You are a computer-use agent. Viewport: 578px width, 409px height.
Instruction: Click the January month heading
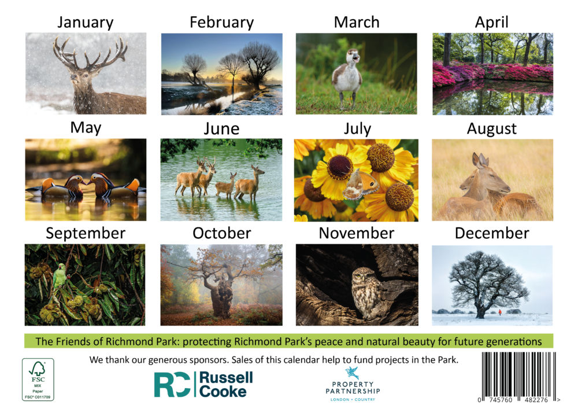[85, 23]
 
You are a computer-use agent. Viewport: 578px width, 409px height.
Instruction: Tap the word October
[221, 233]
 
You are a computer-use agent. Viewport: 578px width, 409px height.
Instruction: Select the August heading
[492, 128]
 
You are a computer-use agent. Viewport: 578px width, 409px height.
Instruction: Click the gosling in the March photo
[347, 78]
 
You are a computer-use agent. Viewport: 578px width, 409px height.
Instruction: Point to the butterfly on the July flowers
[360, 185]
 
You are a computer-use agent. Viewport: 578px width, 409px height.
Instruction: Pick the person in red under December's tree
[500, 312]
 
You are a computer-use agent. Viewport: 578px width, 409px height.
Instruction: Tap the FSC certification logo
[38, 379]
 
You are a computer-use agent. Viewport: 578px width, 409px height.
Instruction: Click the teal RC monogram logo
[172, 384]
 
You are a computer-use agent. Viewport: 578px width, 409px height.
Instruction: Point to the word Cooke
[223, 392]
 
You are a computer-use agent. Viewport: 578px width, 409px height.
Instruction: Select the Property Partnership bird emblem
[353, 373]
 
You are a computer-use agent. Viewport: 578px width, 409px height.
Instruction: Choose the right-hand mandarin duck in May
[113, 186]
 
